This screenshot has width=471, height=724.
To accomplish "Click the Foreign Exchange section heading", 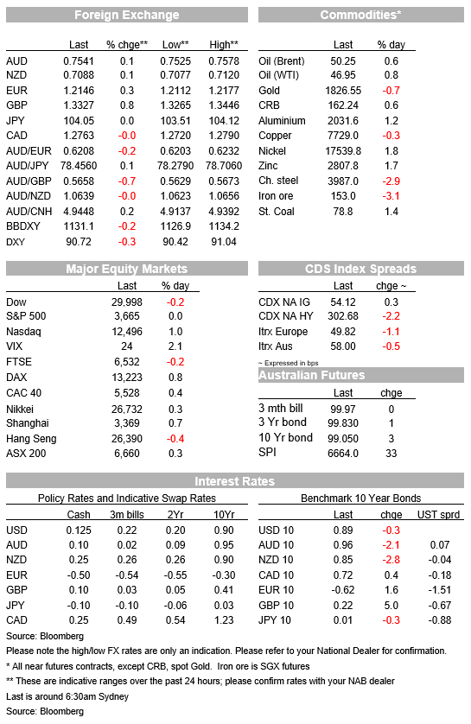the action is [126, 15].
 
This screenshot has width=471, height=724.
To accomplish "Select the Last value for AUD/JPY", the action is [79, 166].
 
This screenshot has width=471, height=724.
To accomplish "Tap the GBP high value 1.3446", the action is [224, 105].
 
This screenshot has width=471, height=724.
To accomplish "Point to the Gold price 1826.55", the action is [343, 91].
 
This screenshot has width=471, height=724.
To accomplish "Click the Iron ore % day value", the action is [391, 196].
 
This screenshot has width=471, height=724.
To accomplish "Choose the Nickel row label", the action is [272, 151].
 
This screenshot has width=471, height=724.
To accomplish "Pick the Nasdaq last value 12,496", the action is [127, 332].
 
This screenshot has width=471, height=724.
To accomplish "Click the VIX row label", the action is [15, 346].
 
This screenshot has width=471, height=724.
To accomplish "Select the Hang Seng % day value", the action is [175, 439].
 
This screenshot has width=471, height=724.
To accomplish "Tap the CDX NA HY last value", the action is [343, 316].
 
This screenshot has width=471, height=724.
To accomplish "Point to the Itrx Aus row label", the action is [275, 346].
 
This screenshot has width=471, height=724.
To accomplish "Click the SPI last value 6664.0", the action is [343, 454].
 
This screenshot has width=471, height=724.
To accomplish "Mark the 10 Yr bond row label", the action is [285, 438].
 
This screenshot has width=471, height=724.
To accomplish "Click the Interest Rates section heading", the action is [234, 481].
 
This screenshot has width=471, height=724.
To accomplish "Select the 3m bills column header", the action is [127, 515].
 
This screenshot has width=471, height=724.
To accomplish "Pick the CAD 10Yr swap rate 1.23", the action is [224, 620].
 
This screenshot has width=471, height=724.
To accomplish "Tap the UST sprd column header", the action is [439, 515].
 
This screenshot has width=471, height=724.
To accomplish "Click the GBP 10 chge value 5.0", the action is [391, 606].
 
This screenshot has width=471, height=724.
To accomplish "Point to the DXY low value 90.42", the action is [175, 242].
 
